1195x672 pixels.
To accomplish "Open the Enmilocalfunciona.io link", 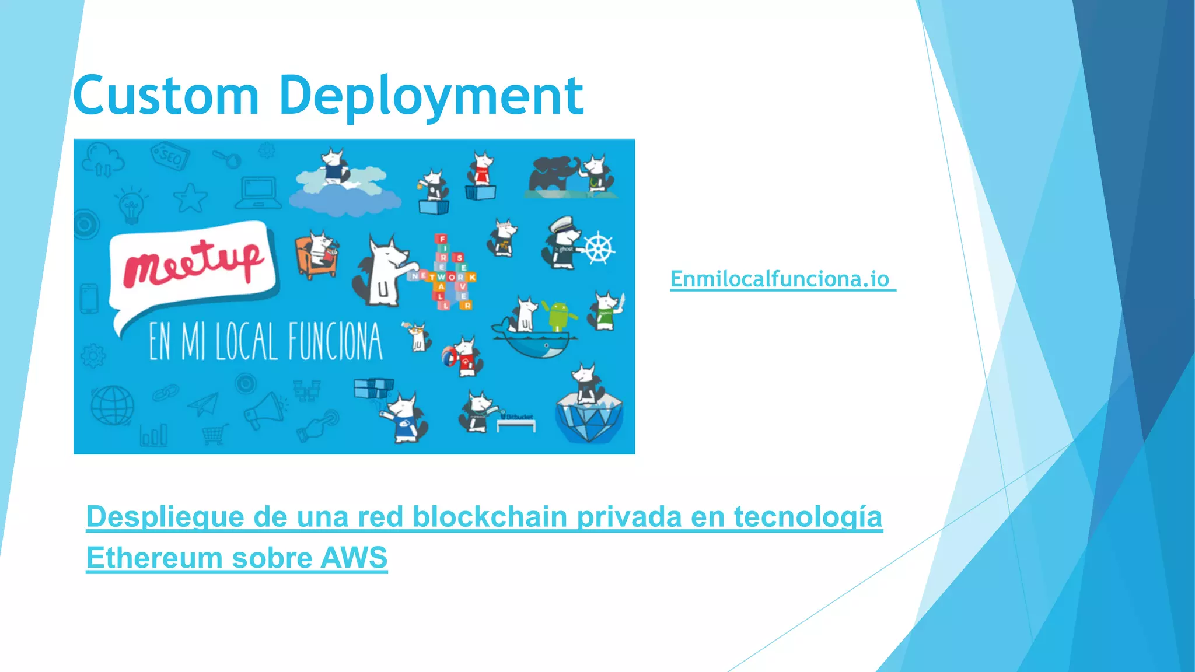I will click(780, 279).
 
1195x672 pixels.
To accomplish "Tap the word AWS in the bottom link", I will click(354, 558).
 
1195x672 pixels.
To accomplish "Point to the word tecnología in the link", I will click(808, 517).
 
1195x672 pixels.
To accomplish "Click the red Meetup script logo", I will click(193, 264).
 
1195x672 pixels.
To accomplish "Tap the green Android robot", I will click(559, 316).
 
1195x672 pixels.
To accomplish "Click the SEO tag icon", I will click(170, 156).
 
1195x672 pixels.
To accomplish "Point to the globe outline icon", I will click(112, 405).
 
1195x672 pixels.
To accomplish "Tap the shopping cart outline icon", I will click(214, 434).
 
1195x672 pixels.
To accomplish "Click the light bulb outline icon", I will click(131, 205).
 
